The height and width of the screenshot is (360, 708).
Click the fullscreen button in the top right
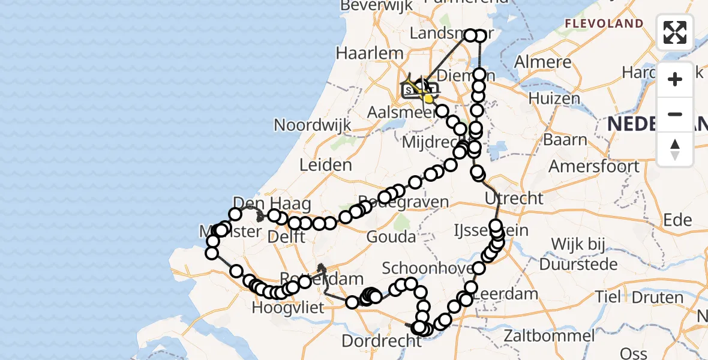pos(675,32)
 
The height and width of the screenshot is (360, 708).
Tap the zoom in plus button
pos(675,79)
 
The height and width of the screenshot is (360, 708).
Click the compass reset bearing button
pos(675,149)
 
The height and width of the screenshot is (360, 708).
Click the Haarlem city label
pos(369,53)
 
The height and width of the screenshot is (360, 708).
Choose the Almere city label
pos(542,62)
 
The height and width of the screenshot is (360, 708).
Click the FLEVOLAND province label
pos(604,24)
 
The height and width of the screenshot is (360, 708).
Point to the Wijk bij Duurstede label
pos(577,254)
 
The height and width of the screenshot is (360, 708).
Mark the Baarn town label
pos(565,140)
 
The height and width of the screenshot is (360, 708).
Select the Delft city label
pos(288,236)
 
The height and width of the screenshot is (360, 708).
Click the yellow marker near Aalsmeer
pos(428,98)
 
